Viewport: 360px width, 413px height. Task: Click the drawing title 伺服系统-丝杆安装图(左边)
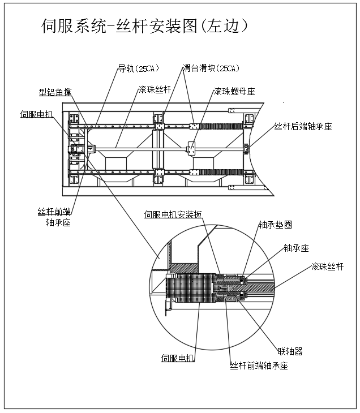point(145,27)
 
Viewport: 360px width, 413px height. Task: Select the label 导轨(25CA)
point(138,69)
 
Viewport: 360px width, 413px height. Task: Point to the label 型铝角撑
point(55,91)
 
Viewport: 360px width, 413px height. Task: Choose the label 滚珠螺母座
point(234,91)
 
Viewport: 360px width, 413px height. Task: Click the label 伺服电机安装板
point(173,214)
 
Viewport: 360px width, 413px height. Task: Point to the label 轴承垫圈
point(275,225)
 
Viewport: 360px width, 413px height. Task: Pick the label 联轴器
point(290,351)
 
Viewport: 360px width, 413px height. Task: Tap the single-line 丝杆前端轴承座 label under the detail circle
point(259,365)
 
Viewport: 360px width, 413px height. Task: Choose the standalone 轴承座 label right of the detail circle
point(296,248)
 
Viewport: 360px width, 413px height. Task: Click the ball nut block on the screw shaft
point(192,149)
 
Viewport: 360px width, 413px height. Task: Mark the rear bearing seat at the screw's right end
point(246,149)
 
